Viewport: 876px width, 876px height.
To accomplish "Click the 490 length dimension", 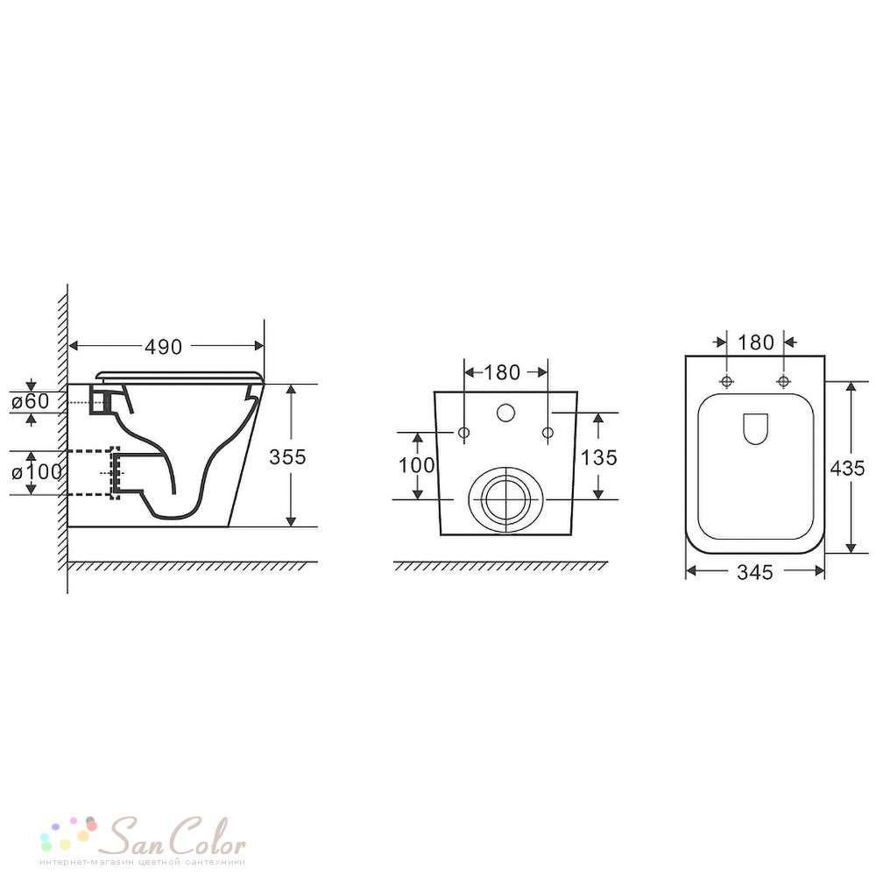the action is pyautogui.click(x=163, y=347).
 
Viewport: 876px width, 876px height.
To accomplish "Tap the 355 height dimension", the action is pyautogui.click(x=287, y=457).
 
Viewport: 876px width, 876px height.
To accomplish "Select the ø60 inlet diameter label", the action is pyautogui.click(x=30, y=400).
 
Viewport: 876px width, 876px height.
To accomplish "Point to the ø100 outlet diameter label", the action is pyautogui.click(x=37, y=472).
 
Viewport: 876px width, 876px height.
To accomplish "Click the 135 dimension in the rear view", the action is pyautogui.click(x=599, y=457).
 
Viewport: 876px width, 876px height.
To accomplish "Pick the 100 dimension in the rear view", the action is pyautogui.click(x=416, y=465).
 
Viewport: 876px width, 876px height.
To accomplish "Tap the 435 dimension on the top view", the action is pyautogui.click(x=847, y=468).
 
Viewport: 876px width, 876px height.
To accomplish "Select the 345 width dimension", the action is pyautogui.click(x=755, y=572).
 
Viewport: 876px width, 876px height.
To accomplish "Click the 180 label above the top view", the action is pyautogui.click(x=756, y=343).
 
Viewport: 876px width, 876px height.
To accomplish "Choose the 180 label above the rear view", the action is pyautogui.click(x=502, y=372).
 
